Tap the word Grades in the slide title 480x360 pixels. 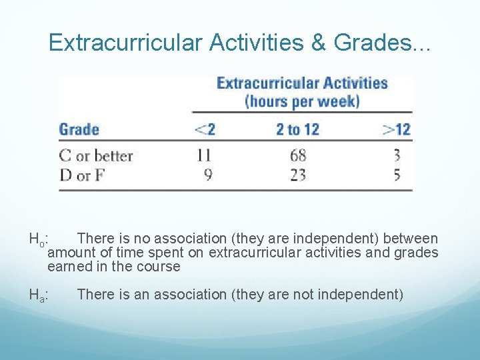click(373, 43)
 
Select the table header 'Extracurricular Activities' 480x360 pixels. click(302, 83)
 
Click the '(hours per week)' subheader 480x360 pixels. click(302, 102)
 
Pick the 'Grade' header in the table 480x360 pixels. click(79, 129)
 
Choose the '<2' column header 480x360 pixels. click(204, 129)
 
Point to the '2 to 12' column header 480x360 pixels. click(297, 129)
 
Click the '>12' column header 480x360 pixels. click(396, 129)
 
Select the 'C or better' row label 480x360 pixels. click(96, 156)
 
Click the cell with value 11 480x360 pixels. click(204, 156)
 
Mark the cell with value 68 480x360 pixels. click(298, 156)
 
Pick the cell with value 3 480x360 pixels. click(397, 156)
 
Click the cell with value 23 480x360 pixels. click(298, 176)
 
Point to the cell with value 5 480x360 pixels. click(397, 176)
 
